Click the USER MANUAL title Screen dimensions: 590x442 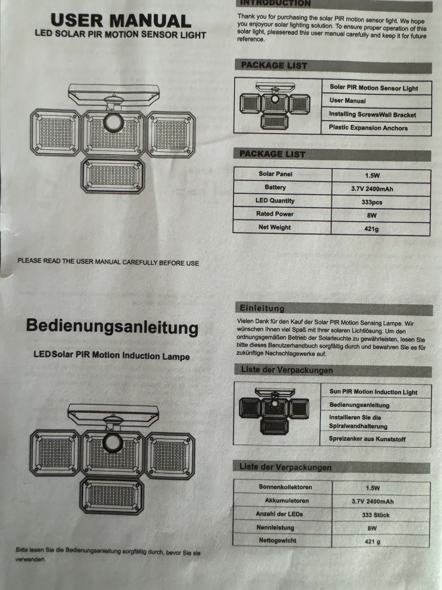[x=121, y=20]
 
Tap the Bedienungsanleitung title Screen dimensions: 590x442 [x=112, y=327]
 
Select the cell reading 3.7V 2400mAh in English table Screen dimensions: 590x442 [x=372, y=189]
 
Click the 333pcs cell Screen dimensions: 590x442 [x=372, y=202]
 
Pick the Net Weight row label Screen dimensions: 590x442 [x=275, y=227]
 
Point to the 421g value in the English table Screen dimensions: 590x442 [x=372, y=229]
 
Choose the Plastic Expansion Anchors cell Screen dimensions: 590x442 [x=368, y=128]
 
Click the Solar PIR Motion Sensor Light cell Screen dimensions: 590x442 [x=374, y=88]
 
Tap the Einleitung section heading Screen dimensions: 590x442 [x=262, y=308]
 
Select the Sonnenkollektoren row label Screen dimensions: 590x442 [x=285, y=487]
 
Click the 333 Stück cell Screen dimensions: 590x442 [x=375, y=515]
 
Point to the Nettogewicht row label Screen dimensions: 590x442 [x=277, y=540]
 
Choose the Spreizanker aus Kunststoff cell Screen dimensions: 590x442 [x=367, y=439]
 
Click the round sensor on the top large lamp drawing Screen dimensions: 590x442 [x=113, y=122]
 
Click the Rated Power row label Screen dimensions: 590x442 [x=275, y=214]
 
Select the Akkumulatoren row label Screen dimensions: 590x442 [x=286, y=501]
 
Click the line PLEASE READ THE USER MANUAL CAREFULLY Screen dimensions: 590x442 [x=108, y=262]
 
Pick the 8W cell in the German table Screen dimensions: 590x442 [x=372, y=528]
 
